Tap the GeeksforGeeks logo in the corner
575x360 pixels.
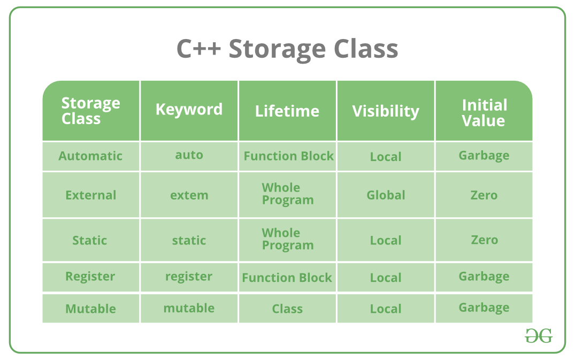coord(538,335)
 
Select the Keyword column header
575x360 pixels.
coord(189,110)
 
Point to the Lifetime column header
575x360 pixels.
coord(287,111)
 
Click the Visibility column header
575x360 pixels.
coord(386,111)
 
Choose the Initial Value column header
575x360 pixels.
coord(484,112)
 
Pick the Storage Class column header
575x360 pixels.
coord(90,111)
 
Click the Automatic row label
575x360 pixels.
coord(90,156)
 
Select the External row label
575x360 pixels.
coord(90,195)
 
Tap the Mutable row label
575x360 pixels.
coord(90,309)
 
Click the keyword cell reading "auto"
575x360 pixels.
coord(189,155)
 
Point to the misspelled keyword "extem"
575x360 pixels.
coord(189,195)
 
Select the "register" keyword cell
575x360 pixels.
coord(189,277)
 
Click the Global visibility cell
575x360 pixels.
coord(386,195)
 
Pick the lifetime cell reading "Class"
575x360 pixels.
coord(287,309)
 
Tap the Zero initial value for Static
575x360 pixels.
coord(484,240)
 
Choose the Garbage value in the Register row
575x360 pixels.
coord(484,277)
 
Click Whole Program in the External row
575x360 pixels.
coord(287,194)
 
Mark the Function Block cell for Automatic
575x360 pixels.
coord(288,156)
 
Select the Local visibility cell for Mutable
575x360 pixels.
coord(386,309)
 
